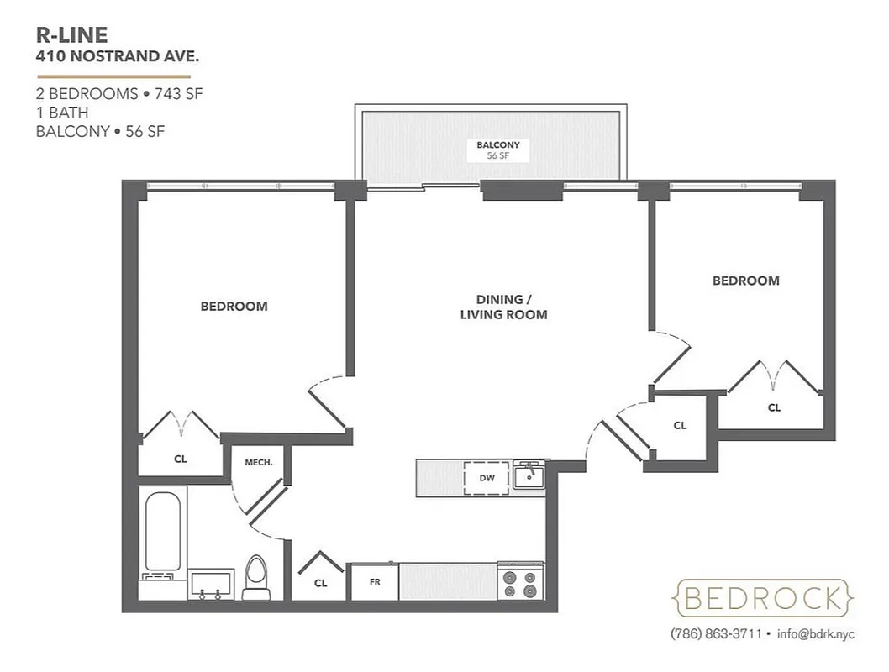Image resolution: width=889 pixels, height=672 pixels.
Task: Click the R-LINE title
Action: coord(71,35)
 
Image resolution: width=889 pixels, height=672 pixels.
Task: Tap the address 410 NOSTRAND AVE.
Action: coord(117,58)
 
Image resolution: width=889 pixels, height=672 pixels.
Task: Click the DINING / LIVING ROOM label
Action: coord(503,307)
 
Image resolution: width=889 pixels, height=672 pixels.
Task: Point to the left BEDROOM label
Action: coord(234,307)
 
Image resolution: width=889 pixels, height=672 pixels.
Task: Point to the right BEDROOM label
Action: coord(745,281)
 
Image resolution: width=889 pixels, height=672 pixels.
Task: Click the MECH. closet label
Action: coord(257,462)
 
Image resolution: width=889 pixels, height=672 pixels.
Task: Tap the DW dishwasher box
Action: coord(487,478)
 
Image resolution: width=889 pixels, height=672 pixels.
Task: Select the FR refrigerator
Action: coord(374,581)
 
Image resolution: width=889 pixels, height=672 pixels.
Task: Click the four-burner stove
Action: coord(521,580)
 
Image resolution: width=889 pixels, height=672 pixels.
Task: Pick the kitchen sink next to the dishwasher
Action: coord(529,476)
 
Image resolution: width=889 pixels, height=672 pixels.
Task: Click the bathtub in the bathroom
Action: coord(163,532)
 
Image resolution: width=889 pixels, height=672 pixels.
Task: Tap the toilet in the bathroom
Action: coord(254,577)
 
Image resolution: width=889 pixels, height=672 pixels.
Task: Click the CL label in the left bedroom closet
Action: coord(180,459)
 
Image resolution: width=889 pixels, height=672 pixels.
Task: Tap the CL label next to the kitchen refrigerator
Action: coord(320,583)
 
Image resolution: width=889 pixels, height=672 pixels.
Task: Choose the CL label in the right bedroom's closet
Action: coord(773,407)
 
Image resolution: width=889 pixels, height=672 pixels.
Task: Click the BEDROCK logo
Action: coord(763,598)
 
